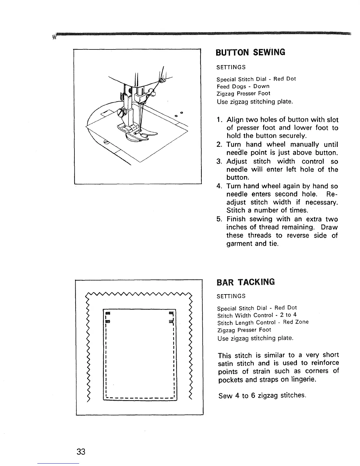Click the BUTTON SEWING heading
click(x=251, y=52)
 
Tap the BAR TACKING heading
click(x=246, y=282)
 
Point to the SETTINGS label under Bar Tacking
click(x=231, y=296)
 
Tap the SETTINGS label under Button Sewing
click(x=231, y=67)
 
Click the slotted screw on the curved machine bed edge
click(x=106, y=142)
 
